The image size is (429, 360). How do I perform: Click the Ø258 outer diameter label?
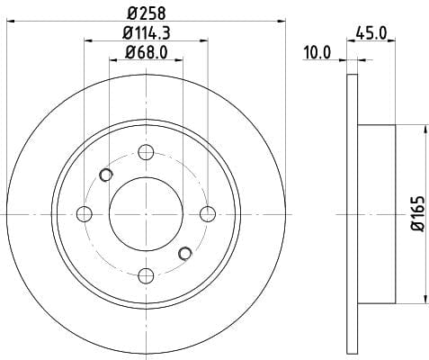point(146,13)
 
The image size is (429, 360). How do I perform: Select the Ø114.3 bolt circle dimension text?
point(147,32)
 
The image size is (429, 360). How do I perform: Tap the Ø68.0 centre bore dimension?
point(147,53)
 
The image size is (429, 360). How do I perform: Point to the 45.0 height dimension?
point(371,32)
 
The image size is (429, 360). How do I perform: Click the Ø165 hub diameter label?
point(418,214)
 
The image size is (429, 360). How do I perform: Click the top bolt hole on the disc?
point(146,152)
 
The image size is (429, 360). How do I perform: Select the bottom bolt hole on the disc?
point(146,276)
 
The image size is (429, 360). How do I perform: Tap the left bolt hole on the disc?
point(85,214)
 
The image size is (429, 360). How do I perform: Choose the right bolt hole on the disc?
point(208,214)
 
